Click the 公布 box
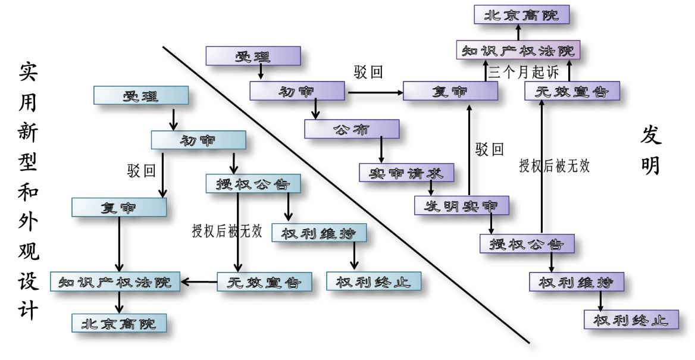click(352, 129)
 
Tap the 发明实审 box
click(462, 205)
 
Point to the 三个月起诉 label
click(524, 73)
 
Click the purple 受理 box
click(253, 56)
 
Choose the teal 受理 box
click(141, 96)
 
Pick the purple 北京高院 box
click(522, 14)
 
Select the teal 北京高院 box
click(120, 323)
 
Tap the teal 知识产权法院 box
click(119, 282)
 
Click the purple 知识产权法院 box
click(518, 50)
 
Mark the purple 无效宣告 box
click(572, 91)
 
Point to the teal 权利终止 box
click(374, 281)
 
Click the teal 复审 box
click(119, 207)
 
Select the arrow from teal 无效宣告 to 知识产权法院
click(199, 282)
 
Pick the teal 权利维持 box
click(319, 233)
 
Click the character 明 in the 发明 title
click(652, 165)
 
